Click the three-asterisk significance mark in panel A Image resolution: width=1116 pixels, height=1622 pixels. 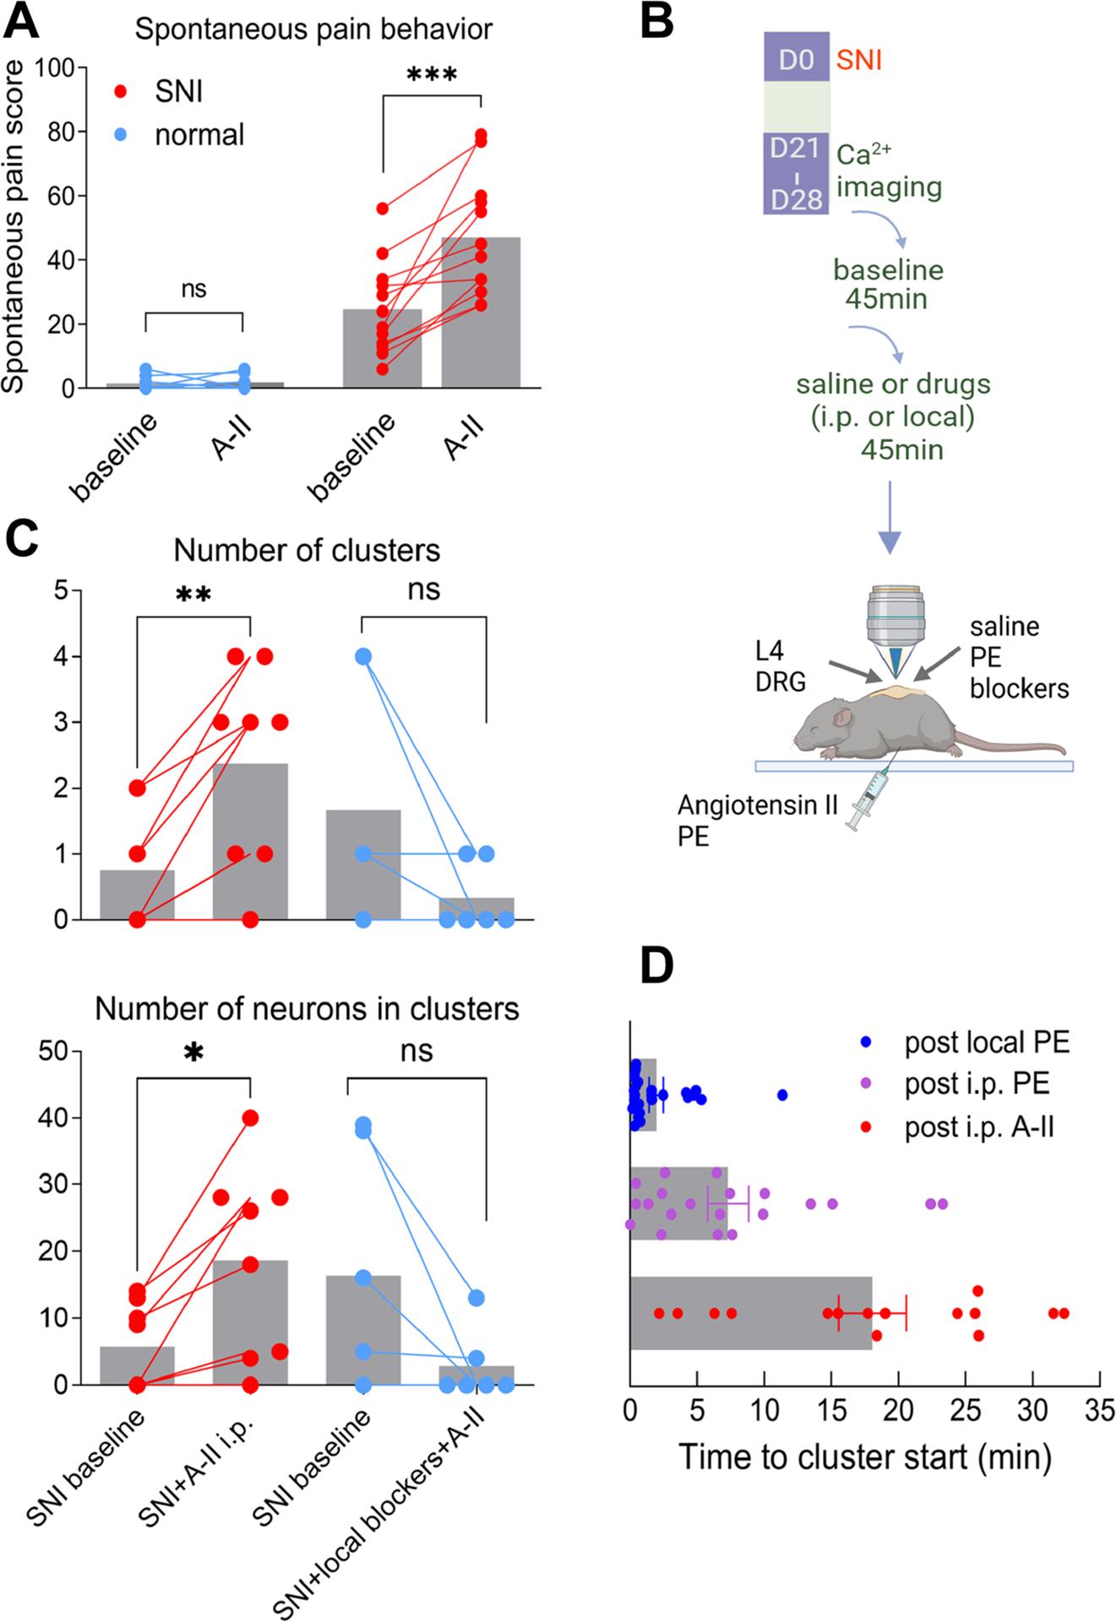click(431, 76)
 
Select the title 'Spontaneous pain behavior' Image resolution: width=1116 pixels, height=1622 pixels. click(313, 30)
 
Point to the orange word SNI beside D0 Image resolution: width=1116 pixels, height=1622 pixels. click(858, 60)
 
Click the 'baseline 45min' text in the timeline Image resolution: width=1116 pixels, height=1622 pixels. click(888, 284)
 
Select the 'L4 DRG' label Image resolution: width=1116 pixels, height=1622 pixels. click(781, 665)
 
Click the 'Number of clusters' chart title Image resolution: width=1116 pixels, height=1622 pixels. click(307, 550)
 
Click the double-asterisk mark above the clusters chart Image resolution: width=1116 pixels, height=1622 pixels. click(193, 596)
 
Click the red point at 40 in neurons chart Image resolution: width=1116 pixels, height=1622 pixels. click(250, 1118)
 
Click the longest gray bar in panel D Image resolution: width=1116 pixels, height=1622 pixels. click(750, 1313)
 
